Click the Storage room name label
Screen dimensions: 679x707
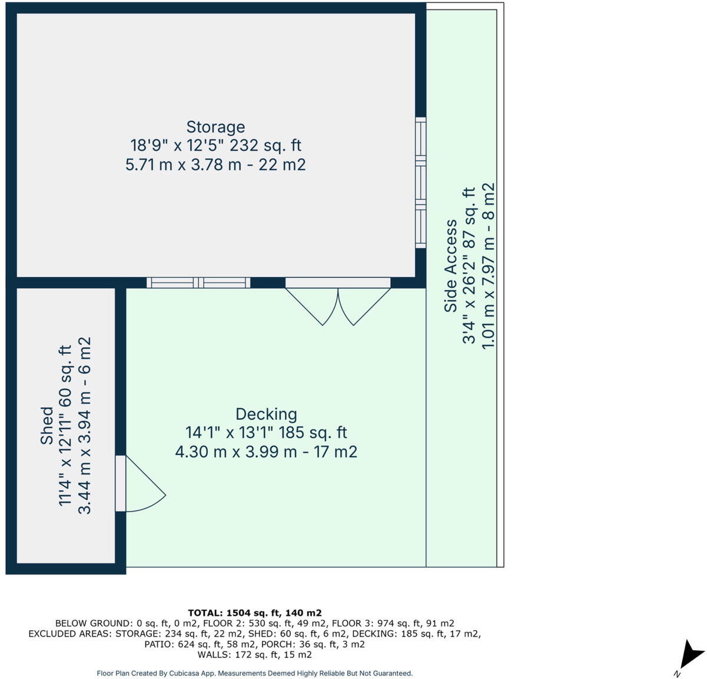pos(215,127)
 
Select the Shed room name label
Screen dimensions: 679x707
pos(47,426)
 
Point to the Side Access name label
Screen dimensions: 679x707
pos(451,266)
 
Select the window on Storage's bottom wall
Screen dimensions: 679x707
pos(198,283)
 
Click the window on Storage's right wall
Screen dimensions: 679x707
pos(420,182)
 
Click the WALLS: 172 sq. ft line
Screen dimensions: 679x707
pos(254,655)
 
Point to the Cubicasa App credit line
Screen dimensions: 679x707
pos(254,673)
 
